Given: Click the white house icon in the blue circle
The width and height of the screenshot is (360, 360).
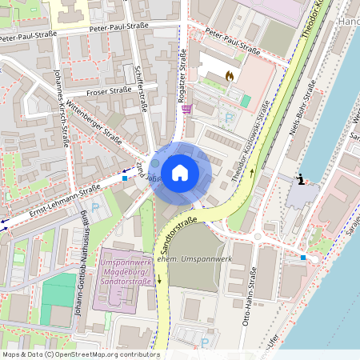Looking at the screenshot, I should pyautogui.click(x=180, y=171).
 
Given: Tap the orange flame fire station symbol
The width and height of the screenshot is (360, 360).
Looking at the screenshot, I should pyautogui.click(x=230, y=77).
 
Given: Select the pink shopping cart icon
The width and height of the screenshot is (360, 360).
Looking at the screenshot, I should pyautogui.click(x=186, y=110).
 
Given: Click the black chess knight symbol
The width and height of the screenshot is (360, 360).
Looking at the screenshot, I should pyautogui.click(x=301, y=179).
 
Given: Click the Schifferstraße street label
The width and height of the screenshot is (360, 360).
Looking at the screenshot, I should pyautogui.click(x=141, y=88).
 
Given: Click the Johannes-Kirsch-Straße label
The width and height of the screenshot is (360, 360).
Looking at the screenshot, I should pyautogui.click(x=59, y=107).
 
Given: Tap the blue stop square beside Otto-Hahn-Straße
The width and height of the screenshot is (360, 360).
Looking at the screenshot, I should pyautogui.click(x=302, y=258).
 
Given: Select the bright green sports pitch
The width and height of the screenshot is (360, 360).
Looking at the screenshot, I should pyautogui.click(x=58, y=289).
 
